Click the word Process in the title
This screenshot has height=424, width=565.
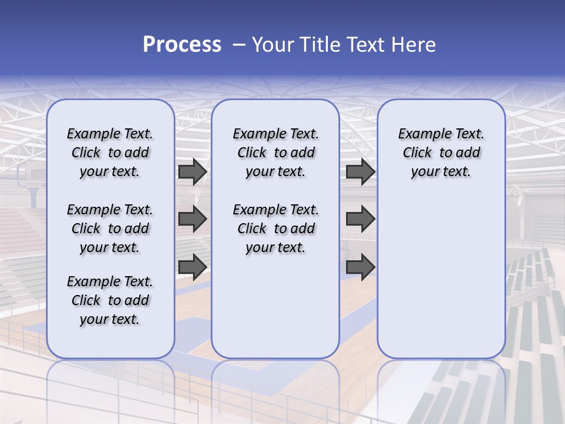tap(182, 45)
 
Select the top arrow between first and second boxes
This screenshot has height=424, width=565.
tap(192, 172)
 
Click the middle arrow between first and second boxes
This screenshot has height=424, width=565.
tap(192, 219)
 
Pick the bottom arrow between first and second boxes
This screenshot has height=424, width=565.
tap(192, 267)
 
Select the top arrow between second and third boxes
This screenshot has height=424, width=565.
tap(360, 172)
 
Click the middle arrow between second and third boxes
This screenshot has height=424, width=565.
tap(360, 219)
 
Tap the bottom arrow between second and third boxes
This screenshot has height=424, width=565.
tap(360, 267)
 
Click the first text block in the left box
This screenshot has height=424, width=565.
tap(110, 153)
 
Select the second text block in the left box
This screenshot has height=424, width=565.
tap(110, 228)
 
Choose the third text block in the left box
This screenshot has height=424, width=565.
tap(110, 300)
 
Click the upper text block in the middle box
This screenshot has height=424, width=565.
tap(275, 153)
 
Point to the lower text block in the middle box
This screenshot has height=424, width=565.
tap(275, 228)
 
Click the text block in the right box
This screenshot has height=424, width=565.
tap(441, 153)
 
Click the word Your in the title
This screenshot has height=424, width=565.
tap(272, 45)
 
